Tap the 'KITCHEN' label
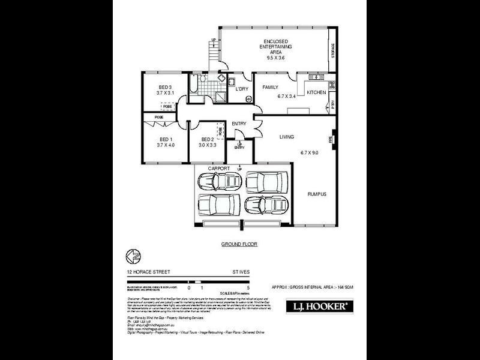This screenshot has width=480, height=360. tap(316, 92)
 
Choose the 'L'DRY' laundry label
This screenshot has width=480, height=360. tap(242, 89)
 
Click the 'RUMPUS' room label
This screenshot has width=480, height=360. tap(317, 194)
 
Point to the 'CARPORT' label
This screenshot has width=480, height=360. tap(218, 169)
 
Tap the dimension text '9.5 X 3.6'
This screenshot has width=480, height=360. tap(277, 57)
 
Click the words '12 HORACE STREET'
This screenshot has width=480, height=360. tap(145, 271)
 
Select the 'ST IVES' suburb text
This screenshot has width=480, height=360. tap(242, 271)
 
